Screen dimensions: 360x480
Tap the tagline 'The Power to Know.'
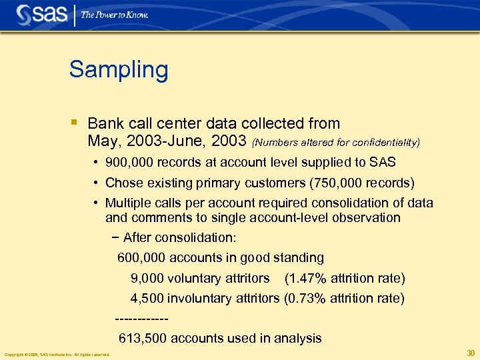pos(114,15)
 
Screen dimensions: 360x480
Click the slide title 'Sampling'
pos(119,69)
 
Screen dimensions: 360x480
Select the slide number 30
pos(471,353)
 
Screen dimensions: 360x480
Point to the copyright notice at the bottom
pos(57,355)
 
